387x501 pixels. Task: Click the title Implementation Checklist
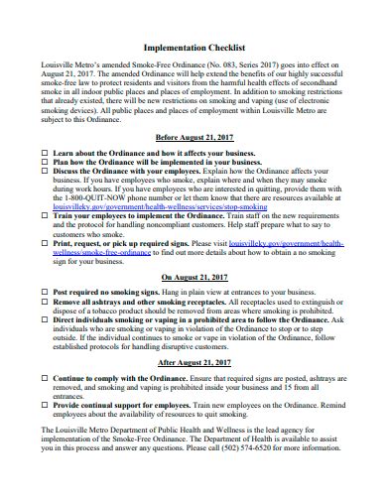pyautogui.click(x=193, y=46)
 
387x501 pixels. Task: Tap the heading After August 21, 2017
pyautogui.click(x=193, y=363)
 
